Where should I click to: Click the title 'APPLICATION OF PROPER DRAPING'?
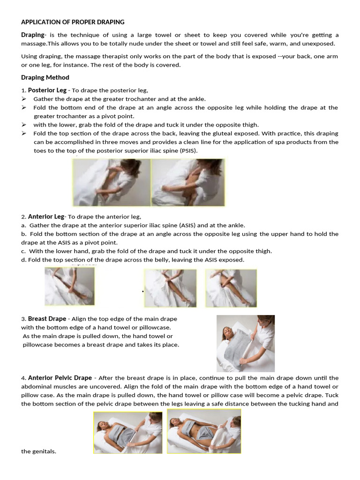(73, 22)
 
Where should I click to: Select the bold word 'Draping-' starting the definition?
(33, 35)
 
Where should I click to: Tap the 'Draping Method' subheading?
(45, 77)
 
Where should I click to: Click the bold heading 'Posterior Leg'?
(47, 90)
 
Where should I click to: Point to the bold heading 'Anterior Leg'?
(46, 217)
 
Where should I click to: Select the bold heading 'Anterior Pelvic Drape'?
(60, 378)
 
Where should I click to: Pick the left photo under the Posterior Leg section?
(112, 182)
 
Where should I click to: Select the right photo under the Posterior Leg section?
(188, 182)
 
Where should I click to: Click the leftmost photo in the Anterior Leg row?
(69, 286)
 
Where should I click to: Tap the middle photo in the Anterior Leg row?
(170, 288)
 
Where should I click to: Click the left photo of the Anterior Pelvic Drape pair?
(128, 432)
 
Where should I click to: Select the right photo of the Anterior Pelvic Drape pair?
(204, 431)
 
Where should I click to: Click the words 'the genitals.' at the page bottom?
(38, 451)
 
